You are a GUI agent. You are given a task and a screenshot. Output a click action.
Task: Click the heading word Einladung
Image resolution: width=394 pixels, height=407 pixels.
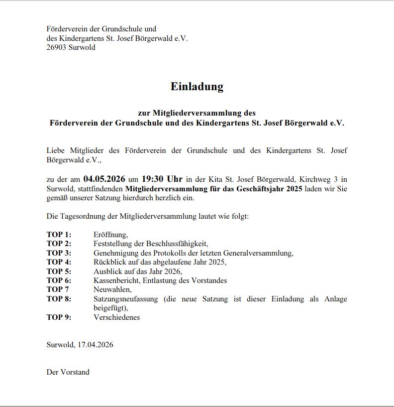(197, 87)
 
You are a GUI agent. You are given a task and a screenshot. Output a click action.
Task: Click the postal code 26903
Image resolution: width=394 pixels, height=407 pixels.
(57, 47)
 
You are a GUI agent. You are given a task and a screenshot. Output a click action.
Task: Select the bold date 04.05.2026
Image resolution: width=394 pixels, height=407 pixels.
(104, 179)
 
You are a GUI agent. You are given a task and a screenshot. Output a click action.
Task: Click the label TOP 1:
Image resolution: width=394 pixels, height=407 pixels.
(59, 235)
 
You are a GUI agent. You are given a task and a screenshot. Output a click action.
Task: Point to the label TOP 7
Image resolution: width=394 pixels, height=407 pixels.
(58, 289)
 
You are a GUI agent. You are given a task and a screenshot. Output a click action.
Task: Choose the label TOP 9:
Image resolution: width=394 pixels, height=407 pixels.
(59, 317)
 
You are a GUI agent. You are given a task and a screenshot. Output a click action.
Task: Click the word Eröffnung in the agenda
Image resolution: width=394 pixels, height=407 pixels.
(110, 235)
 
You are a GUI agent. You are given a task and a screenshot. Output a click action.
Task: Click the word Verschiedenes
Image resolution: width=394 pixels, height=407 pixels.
(116, 317)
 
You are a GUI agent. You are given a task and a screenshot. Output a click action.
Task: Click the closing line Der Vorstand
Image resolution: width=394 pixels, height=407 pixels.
(68, 372)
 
